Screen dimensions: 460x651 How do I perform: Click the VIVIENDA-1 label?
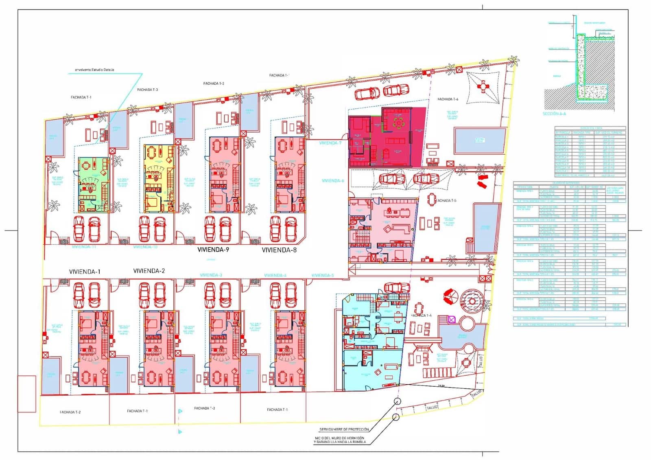click(85, 272)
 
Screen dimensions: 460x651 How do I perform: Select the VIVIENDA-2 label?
click(149, 271)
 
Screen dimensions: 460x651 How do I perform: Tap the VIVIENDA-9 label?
click(213, 250)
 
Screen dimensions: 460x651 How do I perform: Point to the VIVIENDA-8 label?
click(279, 250)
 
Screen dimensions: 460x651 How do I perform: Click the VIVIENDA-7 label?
click(330, 143)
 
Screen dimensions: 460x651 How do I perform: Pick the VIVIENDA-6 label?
click(333, 181)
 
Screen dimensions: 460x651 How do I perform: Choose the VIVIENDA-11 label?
click(84, 247)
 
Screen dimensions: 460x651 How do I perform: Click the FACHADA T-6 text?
click(448, 99)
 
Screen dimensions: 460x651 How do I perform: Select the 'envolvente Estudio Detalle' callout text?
click(92, 70)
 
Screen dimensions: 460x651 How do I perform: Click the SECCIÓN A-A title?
click(554, 114)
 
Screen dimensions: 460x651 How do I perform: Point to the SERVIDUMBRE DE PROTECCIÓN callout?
click(344, 429)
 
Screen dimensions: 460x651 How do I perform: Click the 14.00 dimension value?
click(441, 386)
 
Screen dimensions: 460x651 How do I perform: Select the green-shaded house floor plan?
click(93, 184)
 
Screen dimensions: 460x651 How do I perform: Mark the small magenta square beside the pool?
click(451, 320)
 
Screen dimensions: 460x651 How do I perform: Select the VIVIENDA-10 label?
click(145, 247)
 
